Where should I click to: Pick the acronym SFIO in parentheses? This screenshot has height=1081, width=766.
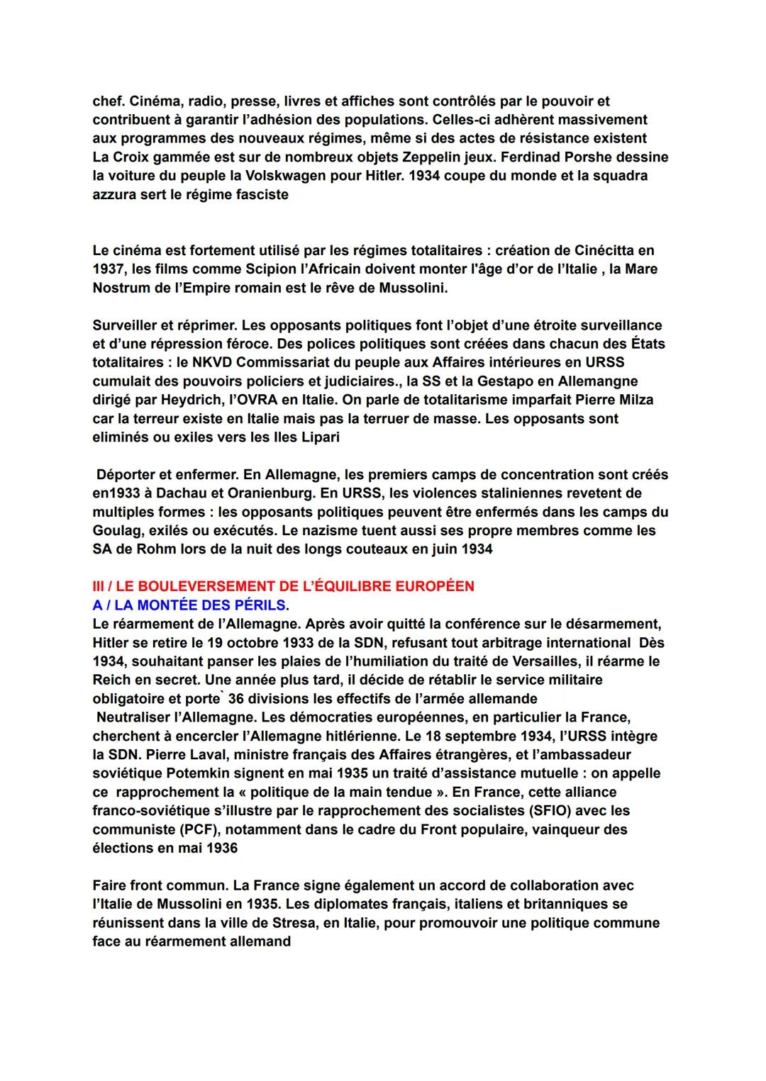(x=511, y=810)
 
